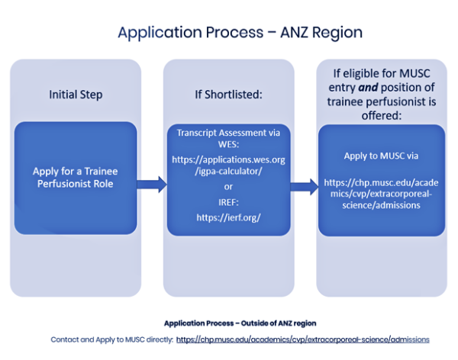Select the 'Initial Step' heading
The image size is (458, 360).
(x=76, y=95)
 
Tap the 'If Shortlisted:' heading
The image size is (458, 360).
(x=228, y=95)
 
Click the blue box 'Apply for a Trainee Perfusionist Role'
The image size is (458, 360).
(x=76, y=178)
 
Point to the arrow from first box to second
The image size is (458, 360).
(x=152, y=183)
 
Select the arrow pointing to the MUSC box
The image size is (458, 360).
(x=305, y=185)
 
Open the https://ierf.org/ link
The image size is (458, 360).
(x=229, y=217)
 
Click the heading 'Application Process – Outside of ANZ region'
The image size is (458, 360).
(x=229, y=323)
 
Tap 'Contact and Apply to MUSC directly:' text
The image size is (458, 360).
(x=111, y=339)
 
